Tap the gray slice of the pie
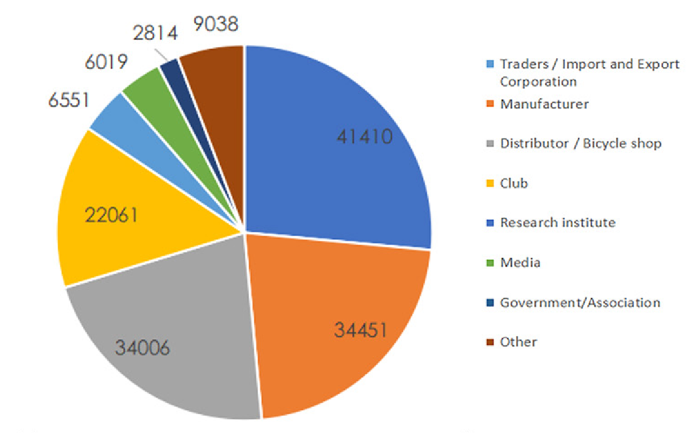tap(170, 339)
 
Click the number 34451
tap(360, 330)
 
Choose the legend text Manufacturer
tap(544, 104)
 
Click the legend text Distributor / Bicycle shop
tap(581, 144)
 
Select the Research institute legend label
tap(558, 222)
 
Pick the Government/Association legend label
tap(580, 302)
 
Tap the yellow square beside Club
tap(490, 183)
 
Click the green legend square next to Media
tap(490, 263)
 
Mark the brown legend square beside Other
tap(490, 342)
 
